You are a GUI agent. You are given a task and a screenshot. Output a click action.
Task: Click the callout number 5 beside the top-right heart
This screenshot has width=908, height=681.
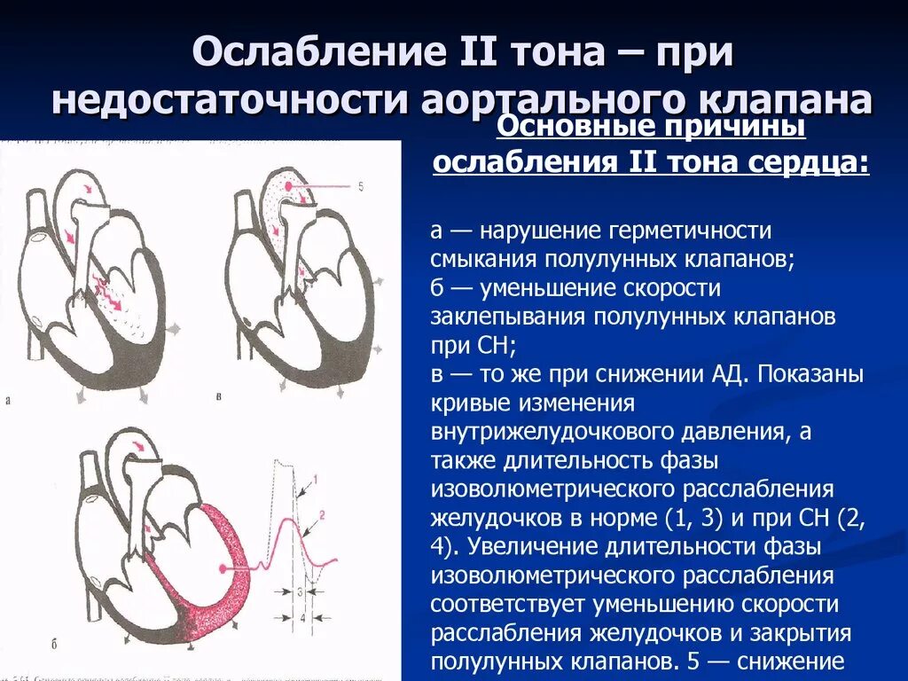[361, 186]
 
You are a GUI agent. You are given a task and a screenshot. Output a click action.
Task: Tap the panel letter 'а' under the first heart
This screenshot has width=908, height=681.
[8, 400]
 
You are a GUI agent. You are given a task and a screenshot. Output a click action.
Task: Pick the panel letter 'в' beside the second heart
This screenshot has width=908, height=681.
[220, 395]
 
